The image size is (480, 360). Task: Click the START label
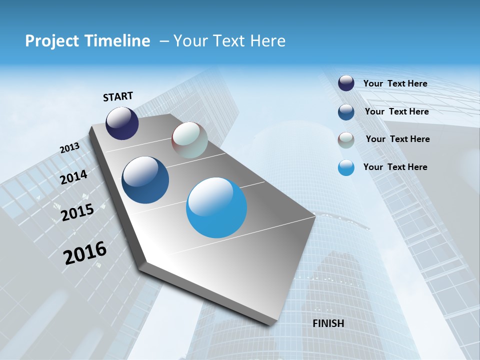coord(118,96)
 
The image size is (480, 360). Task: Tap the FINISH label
coord(328,323)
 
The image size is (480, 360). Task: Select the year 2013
coord(69,148)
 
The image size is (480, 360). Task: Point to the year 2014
coord(74,177)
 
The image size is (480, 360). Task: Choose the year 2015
coord(77,212)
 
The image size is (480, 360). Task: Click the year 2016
coord(85,253)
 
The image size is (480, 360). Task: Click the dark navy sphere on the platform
coord(122,123)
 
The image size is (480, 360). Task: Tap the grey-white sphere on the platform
coord(189,140)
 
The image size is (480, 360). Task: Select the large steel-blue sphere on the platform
coord(145,180)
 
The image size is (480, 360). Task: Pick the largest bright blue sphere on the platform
coord(216,207)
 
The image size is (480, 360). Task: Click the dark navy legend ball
coord(346,83)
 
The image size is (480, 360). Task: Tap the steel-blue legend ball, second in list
coord(346,112)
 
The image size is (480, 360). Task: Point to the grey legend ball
coord(346,140)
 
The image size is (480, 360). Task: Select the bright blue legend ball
coord(346,167)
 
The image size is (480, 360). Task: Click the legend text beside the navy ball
coord(395,83)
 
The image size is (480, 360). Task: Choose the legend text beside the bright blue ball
coord(395,167)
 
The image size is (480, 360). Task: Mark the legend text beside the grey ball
coord(397,139)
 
